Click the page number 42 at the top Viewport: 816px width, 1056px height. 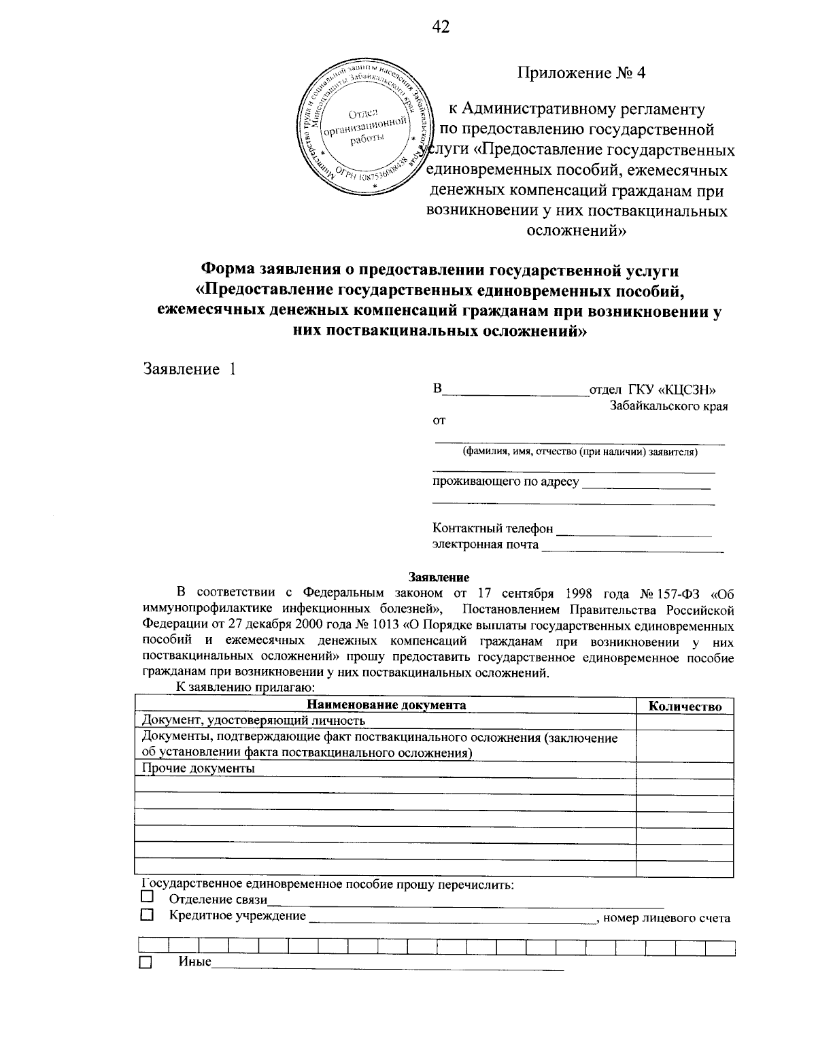441,27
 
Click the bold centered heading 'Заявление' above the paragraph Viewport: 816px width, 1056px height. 439,577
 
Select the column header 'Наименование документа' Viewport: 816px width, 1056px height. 386,705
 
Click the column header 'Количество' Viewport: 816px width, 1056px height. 685,706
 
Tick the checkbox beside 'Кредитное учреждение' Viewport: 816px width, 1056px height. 146,916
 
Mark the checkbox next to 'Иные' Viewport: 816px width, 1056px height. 146,963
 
